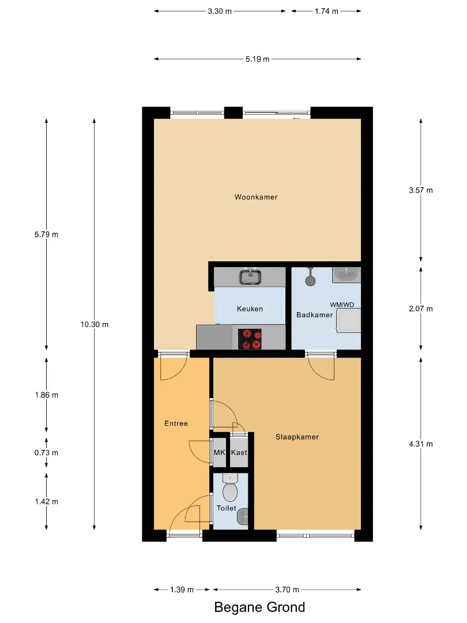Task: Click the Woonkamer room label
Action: [256, 197]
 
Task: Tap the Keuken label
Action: [250, 309]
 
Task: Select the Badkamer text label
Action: [315, 315]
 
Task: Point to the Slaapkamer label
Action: [297, 437]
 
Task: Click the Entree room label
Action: [176, 423]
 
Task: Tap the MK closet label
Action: [219, 453]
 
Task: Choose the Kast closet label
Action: [239, 453]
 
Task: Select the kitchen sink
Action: [250, 277]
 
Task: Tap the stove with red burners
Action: [250, 339]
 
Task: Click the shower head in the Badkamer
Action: [311, 277]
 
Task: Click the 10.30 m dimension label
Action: [95, 325]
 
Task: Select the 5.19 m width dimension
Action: [257, 59]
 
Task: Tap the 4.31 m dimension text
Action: [421, 444]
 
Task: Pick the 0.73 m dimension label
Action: [47, 453]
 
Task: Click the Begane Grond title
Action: [259, 607]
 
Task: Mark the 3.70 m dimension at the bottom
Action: [287, 590]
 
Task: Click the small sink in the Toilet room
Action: [243, 516]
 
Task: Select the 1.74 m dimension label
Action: [326, 12]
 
